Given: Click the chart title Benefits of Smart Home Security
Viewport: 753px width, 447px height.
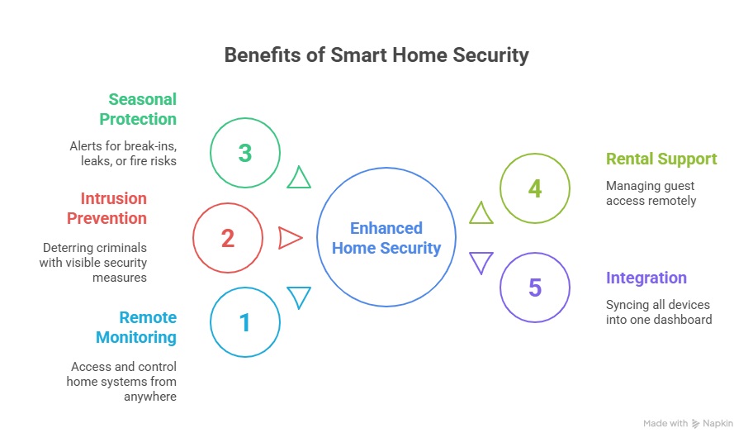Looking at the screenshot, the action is tap(376, 55).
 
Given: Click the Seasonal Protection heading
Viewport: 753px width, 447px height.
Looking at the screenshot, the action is tap(138, 109).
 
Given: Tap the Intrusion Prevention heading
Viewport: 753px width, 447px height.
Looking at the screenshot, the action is tap(107, 208).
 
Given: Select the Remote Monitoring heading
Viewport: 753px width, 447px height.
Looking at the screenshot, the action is tap(136, 327).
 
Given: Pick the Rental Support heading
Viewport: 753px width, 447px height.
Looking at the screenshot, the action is tap(661, 159).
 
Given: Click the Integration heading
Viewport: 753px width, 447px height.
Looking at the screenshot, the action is tap(646, 278).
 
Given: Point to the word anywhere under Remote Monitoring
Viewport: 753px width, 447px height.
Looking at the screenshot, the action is tap(149, 397).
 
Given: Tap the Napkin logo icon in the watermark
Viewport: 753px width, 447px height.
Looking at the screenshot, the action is tap(695, 423).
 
